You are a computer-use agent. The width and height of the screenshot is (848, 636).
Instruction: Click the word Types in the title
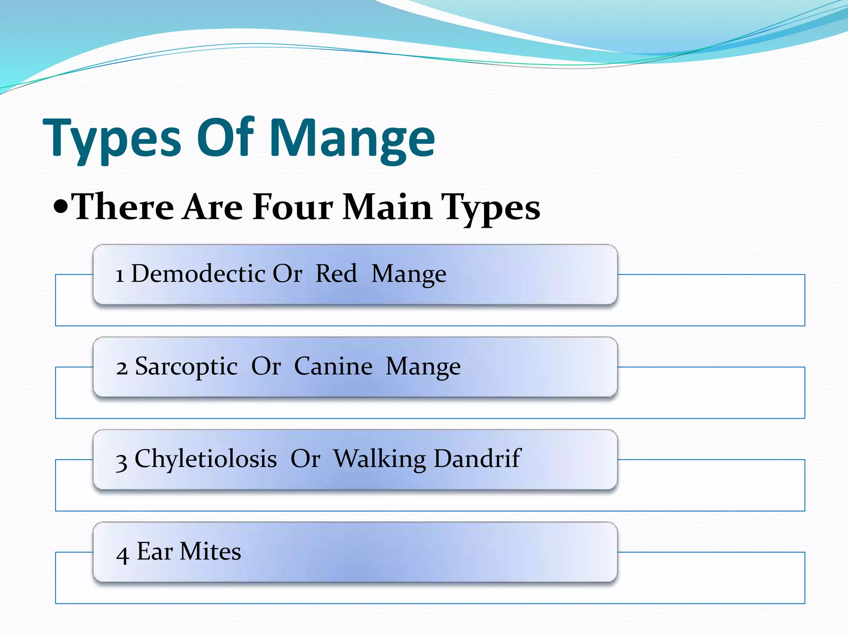pos(112,139)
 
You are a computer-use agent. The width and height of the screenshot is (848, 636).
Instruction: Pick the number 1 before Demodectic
pos(120,275)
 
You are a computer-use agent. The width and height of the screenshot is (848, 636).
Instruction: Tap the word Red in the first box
pos(336,274)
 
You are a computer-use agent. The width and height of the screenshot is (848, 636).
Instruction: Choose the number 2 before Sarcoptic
pos(122,368)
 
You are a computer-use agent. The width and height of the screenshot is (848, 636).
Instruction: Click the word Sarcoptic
pos(186,367)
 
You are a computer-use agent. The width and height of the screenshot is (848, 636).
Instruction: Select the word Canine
pos(333,366)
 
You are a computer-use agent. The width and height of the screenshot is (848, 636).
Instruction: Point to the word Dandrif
pos(477,459)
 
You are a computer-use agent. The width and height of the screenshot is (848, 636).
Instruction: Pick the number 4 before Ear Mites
pos(123,554)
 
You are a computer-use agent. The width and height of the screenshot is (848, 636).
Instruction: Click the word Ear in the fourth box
pos(154,552)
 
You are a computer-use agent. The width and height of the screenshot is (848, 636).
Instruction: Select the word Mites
pos(210,552)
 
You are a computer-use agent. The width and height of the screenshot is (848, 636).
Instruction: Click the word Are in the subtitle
pos(213,207)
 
